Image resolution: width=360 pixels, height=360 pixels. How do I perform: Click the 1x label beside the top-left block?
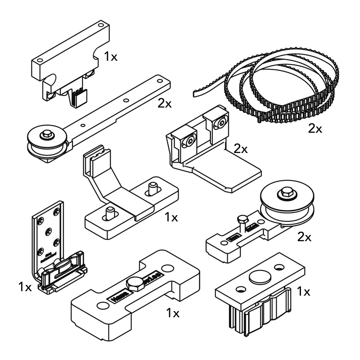111,57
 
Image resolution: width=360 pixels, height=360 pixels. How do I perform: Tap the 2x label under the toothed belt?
315,129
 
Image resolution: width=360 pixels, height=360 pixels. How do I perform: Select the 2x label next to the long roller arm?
165,103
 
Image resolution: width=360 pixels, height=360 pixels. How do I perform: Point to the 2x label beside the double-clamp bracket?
241,149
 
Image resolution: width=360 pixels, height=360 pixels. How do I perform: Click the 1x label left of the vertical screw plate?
25,287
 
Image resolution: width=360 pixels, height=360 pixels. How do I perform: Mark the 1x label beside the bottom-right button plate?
304,292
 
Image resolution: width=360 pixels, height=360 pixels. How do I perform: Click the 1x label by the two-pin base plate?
171,218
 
